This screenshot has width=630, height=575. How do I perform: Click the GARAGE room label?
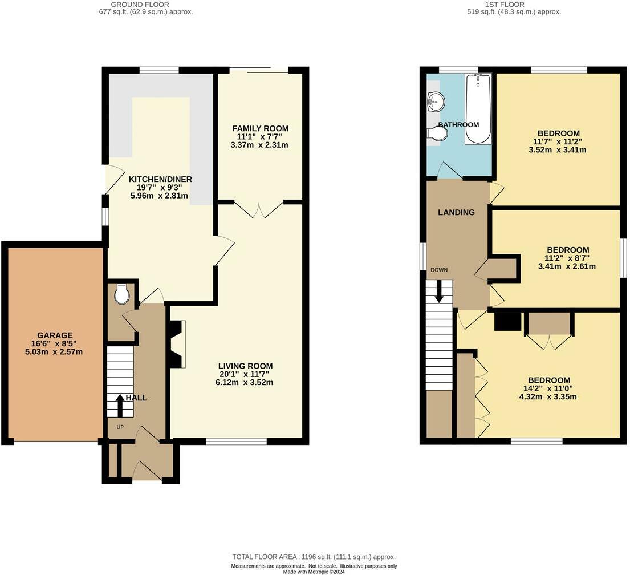click(55, 335)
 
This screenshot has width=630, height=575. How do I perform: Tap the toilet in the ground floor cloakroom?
click(121, 294)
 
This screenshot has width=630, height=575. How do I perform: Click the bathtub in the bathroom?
click(478, 108)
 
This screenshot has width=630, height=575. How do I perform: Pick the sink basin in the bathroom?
click(436, 100)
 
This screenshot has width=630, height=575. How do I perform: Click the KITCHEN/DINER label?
click(160, 179)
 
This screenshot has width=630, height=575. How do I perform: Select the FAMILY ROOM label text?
click(261, 129)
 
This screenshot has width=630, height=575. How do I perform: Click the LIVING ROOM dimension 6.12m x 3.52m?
click(244, 382)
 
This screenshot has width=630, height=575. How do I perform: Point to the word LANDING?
click(456, 212)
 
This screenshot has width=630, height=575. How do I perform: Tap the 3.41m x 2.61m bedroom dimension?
click(567, 266)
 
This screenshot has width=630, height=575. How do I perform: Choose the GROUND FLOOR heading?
click(140, 5)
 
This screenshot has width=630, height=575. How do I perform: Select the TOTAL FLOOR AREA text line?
click(314, 557)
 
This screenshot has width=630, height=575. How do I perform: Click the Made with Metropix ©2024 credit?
click(314, 572)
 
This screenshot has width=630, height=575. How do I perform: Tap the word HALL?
click(137, 398)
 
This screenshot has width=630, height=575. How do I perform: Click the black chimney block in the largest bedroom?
click(507, 322)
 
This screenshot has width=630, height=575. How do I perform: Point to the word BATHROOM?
click(458, 125)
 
